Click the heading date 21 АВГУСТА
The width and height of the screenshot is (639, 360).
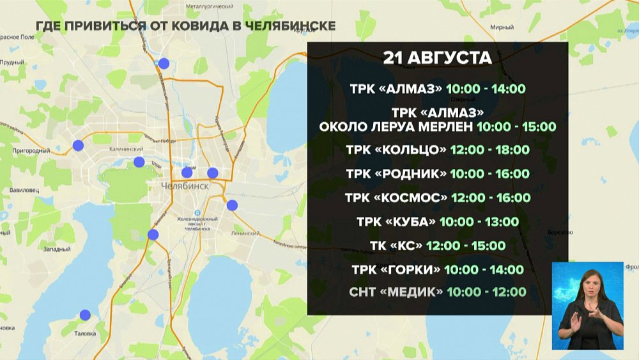(437, 58)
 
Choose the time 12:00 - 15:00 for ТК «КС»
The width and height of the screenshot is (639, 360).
(466, 246)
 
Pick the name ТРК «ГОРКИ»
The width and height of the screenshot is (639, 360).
(396, 269)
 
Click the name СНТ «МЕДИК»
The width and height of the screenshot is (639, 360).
(396, 292)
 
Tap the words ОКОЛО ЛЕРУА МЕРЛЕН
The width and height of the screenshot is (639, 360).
(396, 127)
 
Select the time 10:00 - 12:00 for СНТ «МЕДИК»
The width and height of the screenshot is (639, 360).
(486, 292)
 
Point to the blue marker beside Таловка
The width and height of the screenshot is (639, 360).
(85, 315)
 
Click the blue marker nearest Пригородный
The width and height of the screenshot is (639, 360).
(78, 145)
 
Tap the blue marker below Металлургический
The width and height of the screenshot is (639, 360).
(164, 63)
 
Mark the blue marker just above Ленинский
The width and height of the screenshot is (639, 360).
(232, 205)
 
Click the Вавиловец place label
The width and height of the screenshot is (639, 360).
(26, 191)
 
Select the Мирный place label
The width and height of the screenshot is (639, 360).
(502, 27)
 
